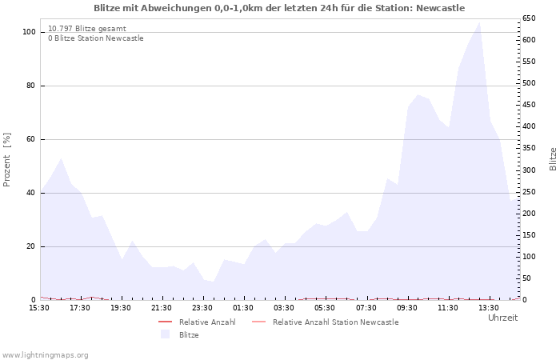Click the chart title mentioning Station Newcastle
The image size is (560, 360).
279,8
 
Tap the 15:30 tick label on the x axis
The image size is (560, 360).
39,307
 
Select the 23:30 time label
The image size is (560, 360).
202,307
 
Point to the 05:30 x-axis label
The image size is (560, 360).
325,307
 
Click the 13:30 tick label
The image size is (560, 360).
488,307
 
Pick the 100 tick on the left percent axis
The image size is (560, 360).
29,32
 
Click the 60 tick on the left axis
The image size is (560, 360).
31,139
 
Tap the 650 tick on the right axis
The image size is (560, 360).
530,18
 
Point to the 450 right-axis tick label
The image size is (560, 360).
530,105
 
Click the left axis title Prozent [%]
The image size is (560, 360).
7,159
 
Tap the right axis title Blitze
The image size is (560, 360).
553,158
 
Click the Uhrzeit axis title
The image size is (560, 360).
502,318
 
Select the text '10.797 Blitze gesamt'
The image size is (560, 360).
86,29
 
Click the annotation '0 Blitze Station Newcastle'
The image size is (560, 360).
96,38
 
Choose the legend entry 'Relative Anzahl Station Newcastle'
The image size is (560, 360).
335,322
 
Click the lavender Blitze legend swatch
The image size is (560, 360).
166,334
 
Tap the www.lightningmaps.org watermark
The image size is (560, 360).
46,354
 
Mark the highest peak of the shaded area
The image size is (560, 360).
479,22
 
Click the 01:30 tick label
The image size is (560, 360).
243,307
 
